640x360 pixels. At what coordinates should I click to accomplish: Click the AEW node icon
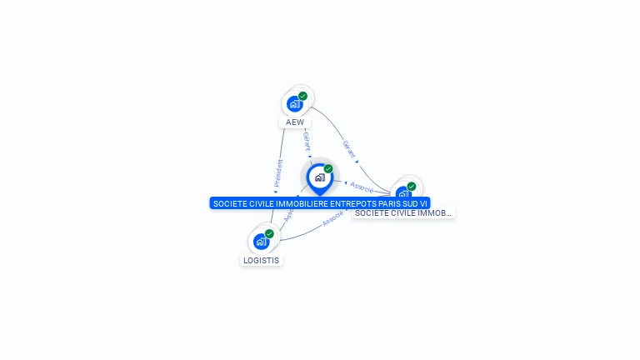(x=294, y=103)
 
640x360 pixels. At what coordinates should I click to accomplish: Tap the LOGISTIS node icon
(x=261, y=242)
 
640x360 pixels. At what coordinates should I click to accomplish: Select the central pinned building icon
(x=319, y=177)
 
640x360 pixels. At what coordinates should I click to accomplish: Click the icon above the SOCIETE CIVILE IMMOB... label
(x=403, y=194)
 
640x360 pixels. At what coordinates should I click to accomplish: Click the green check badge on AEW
(x=303, y=96)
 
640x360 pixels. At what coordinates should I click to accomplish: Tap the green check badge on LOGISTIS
(x=269, y=234)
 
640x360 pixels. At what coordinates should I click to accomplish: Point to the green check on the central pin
(x=328, y=169)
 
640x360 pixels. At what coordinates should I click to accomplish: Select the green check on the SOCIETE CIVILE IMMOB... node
(x=412, y=187)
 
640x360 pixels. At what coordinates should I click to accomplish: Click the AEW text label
(x=295, y=122)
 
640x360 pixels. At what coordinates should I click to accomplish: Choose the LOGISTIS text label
(x=261, y=260)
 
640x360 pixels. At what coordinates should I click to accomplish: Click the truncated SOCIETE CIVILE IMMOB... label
(x=403, y=213)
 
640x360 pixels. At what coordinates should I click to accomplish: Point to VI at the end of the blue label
(x=422, y=203)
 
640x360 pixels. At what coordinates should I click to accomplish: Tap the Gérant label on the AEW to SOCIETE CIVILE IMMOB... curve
(x=349, y=149)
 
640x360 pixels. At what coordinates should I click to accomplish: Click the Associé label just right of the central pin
(x=362, y=187)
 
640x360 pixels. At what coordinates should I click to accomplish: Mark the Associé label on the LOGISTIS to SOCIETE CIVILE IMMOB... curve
(x=333, y=219)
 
